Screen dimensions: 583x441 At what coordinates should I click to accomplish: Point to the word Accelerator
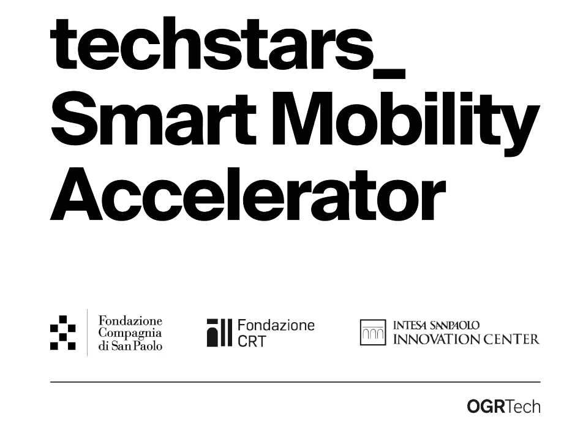point(248,194)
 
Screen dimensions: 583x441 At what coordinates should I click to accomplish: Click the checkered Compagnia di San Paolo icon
point(63,333)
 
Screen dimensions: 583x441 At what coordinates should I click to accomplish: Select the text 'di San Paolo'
point(130,346)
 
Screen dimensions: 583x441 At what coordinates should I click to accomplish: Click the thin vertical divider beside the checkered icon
point(88,333)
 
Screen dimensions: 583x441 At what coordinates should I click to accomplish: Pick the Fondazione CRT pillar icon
point(219,333)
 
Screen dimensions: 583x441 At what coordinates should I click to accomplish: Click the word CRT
point(252,341)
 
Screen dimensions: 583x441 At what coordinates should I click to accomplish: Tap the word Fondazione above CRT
point(276,325)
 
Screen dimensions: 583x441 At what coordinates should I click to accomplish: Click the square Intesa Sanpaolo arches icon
point(373,332)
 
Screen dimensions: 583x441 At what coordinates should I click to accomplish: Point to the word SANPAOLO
point(454,325)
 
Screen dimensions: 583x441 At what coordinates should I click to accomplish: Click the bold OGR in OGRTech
point(486,407)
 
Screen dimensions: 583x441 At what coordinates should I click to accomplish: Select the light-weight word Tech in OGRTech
point(523,407)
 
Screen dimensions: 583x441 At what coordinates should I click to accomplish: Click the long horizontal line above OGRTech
point(295,382)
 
